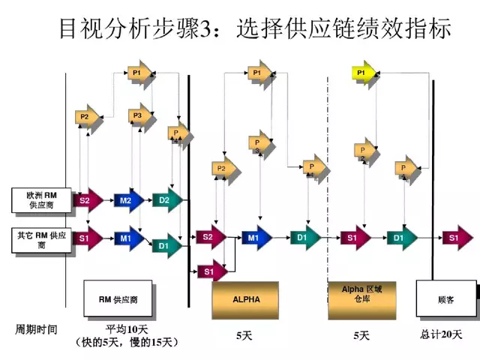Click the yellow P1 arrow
(363, 73)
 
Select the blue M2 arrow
(127, 199)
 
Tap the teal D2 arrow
(165, 199)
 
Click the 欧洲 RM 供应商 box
(42, 199)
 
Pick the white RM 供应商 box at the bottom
(118, 299)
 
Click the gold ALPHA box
(246, 300)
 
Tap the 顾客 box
(445, 299)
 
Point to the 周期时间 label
(37, 329)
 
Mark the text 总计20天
(441, 334)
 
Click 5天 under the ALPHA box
(244, 334)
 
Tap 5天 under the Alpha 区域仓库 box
(361, 334)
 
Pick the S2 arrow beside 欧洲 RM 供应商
(88, 199)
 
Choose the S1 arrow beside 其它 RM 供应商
(88, 238)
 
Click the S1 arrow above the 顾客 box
(454, 238)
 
